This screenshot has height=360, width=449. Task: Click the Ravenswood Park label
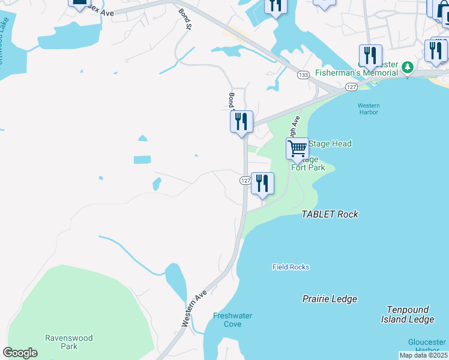(69, 342)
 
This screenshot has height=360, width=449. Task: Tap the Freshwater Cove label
(232, 320)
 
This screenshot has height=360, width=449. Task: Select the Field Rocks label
(291, 267)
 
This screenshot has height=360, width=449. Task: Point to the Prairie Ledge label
(330, 299)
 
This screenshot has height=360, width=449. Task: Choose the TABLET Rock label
(330, 214)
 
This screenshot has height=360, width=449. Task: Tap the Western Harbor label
(369, 109)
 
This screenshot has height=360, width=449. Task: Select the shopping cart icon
(297, 148)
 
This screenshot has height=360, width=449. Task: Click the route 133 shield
(303, 74)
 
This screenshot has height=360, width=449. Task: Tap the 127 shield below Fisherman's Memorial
(351, 87)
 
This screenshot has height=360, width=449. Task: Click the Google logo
(20, 353)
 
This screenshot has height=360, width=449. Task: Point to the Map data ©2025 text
(423, 355)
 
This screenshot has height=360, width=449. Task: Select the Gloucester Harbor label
(427, 346)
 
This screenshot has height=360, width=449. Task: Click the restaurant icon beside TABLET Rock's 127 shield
(262, 183)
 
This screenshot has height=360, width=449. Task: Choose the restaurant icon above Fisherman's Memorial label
(370, 56)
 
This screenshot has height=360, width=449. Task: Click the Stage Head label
(330, 144)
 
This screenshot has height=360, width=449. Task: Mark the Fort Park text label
(308, 167)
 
